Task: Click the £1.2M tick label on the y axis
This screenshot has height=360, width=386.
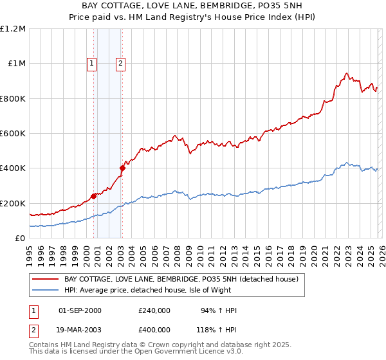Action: pos(12,28)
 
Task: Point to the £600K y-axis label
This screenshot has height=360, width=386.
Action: pos(12,134)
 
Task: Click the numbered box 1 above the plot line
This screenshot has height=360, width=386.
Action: pos(92,63)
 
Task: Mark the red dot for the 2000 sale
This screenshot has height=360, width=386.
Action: pos(93,196)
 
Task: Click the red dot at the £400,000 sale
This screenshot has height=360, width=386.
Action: pos(122,168)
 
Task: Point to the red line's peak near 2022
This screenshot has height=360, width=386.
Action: pos(347,74)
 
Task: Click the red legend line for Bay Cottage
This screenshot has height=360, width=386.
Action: pos(45,280)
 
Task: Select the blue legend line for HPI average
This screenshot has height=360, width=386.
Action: pos(45,291)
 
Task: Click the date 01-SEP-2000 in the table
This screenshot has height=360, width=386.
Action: pos(80,310)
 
